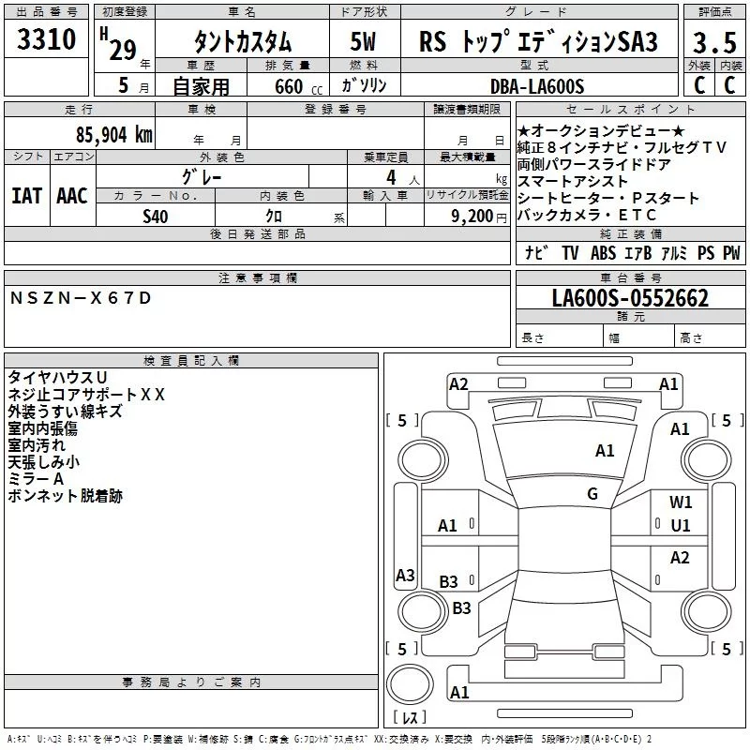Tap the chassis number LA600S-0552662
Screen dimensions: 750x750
[x=630, y=299]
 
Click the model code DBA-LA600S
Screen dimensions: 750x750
[x=536, y=86]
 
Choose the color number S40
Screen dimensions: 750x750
[x=156, y=216]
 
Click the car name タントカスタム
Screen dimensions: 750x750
[x=242, y=42]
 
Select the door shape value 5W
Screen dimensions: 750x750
[x=364, y=42]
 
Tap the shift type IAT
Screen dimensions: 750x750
[x=26, y=196]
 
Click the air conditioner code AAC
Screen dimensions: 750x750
[x=72, y=196]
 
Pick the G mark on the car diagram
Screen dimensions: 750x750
[x=592, y=494]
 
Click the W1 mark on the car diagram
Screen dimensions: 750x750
[x=681, y=502]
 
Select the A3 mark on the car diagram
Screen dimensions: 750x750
[x=405, y=576]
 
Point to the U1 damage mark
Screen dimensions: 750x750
[x=681, y=526]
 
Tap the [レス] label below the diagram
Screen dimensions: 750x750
[x=409, y=718]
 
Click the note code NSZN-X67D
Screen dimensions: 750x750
[x=80, y=298]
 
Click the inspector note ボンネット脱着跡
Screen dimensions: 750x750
[x=65, y=496]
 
